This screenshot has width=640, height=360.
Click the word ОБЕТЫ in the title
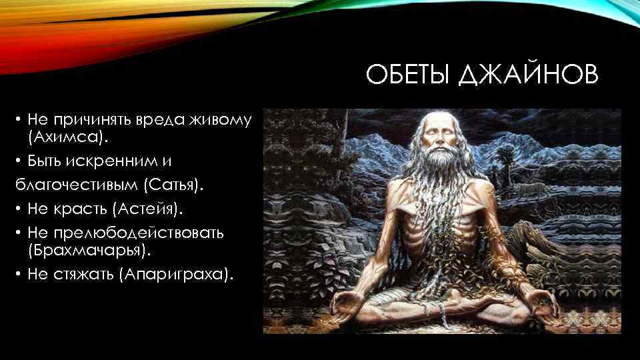408,75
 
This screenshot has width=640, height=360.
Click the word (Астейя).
147,209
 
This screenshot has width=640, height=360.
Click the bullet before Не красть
20,210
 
